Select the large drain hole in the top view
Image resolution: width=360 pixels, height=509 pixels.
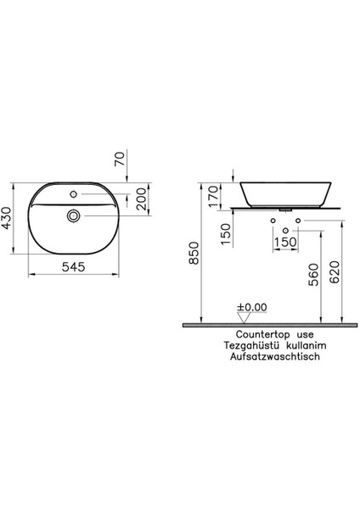click(73, 217)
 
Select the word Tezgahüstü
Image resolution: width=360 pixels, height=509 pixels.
click(245, 347)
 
